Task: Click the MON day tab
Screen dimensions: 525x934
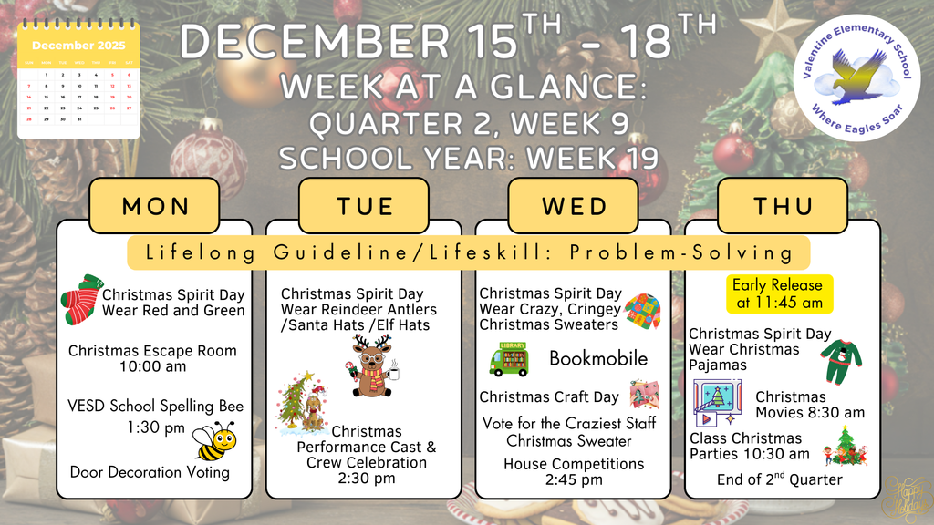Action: coord(155,205)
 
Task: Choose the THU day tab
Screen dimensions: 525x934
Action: coord(782,205)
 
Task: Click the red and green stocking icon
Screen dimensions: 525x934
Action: coord(80,298)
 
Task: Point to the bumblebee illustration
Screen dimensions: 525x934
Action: coord(216,441)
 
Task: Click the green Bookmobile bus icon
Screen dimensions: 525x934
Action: coord(509,358)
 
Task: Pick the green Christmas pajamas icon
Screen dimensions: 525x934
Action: coord(840,360)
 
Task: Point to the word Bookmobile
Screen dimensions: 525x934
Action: coord(597,358)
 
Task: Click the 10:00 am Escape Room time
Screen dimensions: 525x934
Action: coord(152,366)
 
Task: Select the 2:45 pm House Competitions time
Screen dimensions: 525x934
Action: coord(574,479)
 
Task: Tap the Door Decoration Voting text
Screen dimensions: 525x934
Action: coord(150,472)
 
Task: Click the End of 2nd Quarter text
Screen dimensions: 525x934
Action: coord(780,479)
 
